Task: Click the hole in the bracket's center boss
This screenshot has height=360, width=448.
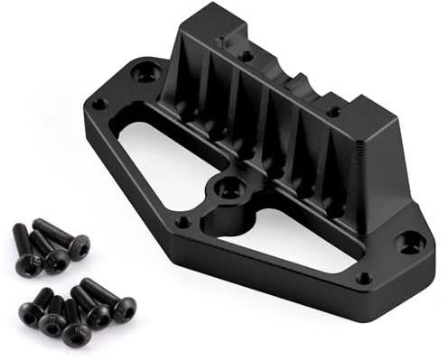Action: [229, 188]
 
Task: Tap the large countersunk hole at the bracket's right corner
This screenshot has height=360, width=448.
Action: [411, 241]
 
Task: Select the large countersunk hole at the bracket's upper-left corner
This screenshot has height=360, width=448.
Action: [145, 73]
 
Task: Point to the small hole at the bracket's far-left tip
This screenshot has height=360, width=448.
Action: [99, 103]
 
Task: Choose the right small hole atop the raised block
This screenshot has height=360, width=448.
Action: [333, 112]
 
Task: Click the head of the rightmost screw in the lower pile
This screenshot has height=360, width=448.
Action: [124, 309]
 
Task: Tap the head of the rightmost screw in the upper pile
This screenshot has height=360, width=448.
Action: [79, 245]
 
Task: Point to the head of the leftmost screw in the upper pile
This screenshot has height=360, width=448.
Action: [28, 263]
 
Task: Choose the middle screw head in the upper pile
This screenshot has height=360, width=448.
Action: [56, 260]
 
